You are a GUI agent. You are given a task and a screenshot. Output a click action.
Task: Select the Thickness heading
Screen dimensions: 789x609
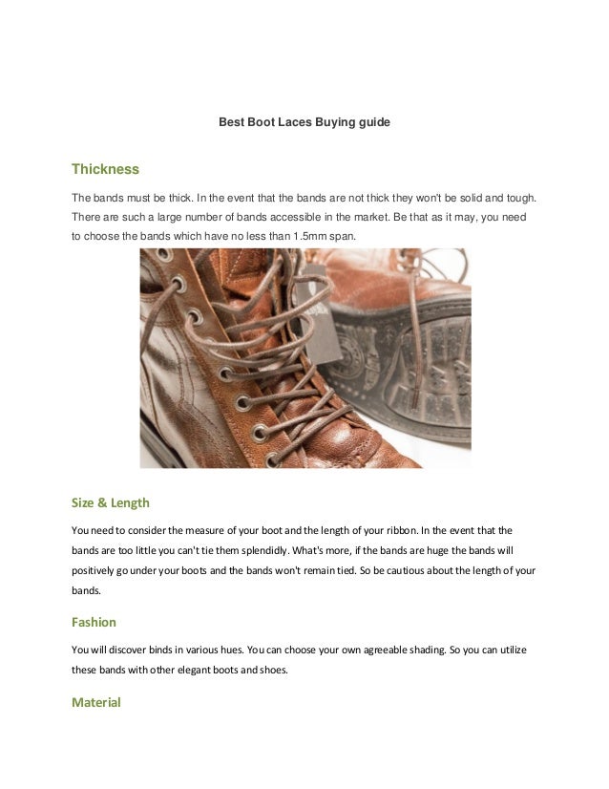106,170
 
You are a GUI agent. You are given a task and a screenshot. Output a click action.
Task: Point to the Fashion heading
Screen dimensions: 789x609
94,622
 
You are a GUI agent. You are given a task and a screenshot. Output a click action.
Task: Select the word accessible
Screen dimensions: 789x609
295,217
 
